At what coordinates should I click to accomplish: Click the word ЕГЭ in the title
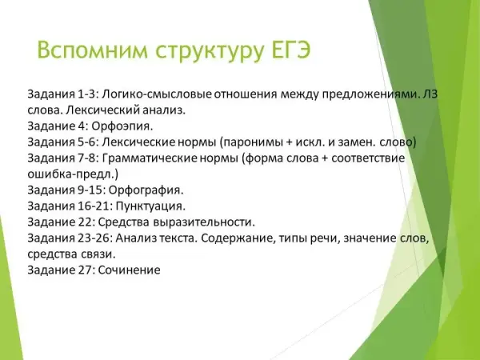tap(291, 50)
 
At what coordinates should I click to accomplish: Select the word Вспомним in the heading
tap(93, 50)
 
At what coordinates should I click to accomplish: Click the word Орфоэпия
tap(122, 126)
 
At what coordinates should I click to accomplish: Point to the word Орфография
tap(146, 190)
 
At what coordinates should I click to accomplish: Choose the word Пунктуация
tap(150, 206)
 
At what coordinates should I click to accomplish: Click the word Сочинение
tap(129, 270)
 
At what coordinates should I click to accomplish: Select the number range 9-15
tap(92, 190)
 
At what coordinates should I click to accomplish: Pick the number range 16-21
tap(95, 206)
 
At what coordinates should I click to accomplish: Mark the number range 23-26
tap(95, 238)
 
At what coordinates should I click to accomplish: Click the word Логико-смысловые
tap(157, 94)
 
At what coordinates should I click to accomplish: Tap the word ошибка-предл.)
tap(73, 174)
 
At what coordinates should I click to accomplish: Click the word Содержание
tap(238, 238)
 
